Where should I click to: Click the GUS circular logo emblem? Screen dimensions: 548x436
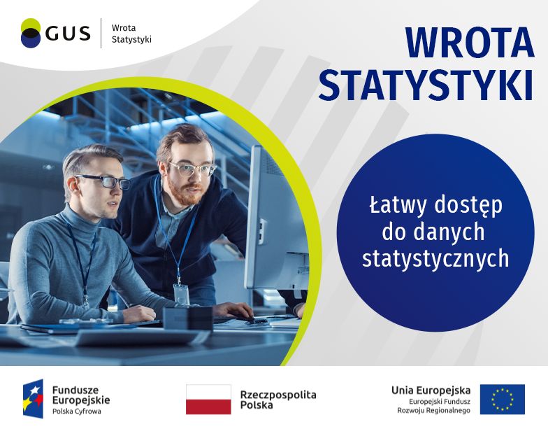[31, 32]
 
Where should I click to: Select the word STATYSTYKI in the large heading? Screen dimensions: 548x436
[426, 84]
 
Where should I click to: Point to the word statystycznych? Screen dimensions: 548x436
[435, 259]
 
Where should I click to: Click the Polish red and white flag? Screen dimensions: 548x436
[208, 399]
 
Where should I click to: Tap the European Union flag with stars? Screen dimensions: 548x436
[502, 399]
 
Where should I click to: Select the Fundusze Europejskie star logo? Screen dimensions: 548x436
[34, 399]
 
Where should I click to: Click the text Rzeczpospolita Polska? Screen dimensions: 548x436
[278, 400]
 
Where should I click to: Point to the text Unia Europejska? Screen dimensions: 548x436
[431, 390]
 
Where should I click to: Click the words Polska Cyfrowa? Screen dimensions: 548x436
[77, 412]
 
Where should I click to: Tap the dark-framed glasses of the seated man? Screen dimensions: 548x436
[105, 182]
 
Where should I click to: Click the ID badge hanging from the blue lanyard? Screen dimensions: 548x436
[182, 295]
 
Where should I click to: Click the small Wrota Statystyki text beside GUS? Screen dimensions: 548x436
[131, 34]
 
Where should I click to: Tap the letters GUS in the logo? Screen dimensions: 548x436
[68, 34]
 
